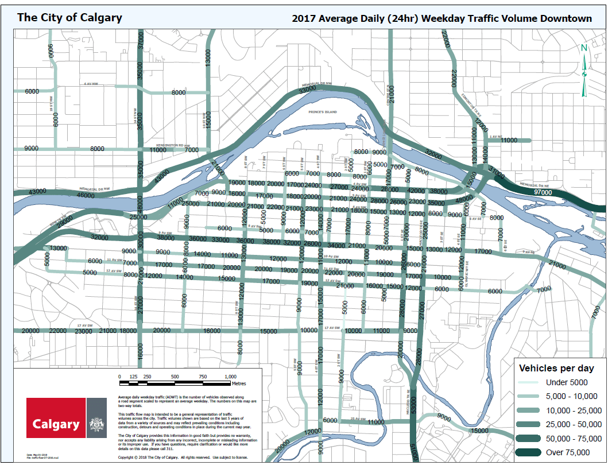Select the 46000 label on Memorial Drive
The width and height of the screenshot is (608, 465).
[x=85, y=195]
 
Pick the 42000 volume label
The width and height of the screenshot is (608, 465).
[x=416, y=191]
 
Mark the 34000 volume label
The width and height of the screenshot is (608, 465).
[x=336, y=246]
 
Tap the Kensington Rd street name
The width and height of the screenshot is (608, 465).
[x=171, y=145]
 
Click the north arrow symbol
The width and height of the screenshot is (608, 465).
[x=584, y=72]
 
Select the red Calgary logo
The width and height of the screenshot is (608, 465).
[x=56, y=417]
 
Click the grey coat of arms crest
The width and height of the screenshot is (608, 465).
[x=96, y=417]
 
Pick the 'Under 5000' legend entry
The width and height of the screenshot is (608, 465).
[x=567, y=382]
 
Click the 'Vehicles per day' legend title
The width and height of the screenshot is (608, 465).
[x=556, y=368]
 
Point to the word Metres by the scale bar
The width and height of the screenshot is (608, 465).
[x=238, y=383]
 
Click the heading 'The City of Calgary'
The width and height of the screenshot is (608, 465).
[x=69, y=17]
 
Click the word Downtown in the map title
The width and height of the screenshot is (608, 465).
[x=564, y=18]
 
